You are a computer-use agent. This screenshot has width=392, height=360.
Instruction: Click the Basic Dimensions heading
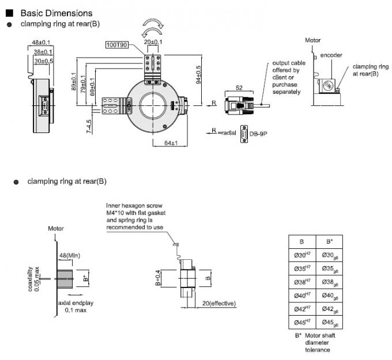coord(56,13)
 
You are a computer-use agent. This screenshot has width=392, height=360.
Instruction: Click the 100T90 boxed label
coord(118,44)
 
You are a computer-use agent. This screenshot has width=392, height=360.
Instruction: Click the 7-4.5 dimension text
coord(88,126)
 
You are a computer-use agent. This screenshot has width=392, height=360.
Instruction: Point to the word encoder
coord(331,55)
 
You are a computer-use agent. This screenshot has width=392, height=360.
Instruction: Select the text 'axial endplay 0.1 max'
coord(72,306)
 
